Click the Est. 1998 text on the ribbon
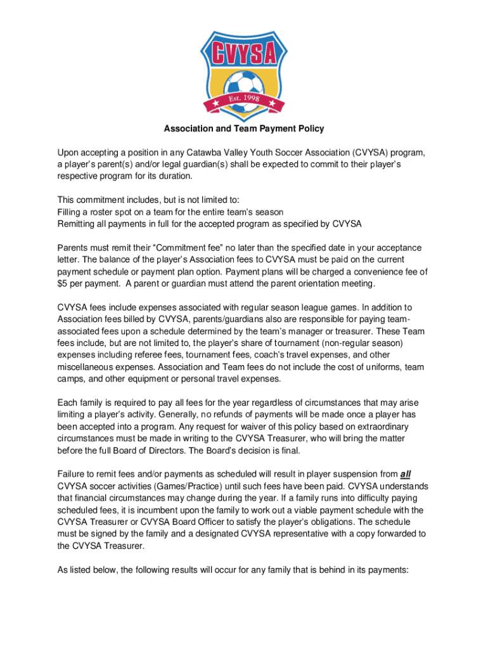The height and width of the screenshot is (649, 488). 244,100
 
